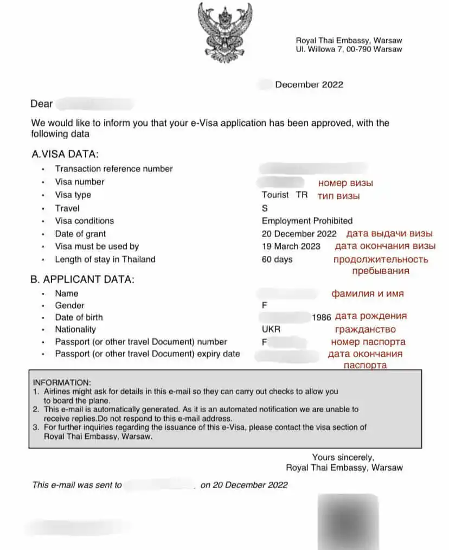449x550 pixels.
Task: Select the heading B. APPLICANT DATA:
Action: (x=82, y=280)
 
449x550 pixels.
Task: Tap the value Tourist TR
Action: (x=284, y=195)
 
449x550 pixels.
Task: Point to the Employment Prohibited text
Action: (x=307, y=221)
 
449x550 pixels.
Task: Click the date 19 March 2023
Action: (x=291, y=246)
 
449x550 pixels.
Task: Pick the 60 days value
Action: (x=277, y=259)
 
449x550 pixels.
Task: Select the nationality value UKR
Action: (x=271, y=329)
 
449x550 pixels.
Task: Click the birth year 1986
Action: (x=322, y=317)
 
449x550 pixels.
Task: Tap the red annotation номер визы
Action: (x=345, y=183)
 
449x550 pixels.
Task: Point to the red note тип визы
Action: (x=335, y=196)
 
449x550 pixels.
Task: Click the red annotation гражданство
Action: (x=365, y=329)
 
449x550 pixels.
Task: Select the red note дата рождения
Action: (x=371, y=316)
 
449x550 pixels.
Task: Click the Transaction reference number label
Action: (x=114, y=169)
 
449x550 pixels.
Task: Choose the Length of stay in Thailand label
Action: (x=105, y=259)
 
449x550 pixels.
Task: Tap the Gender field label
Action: (x=69, y=305)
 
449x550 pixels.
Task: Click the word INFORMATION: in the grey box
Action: (x=62, y=382)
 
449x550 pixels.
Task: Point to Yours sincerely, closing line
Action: (x=343, y=457)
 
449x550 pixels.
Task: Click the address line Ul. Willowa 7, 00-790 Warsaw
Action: (x=349, y=49)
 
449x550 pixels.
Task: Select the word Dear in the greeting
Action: (x=42, y=104)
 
